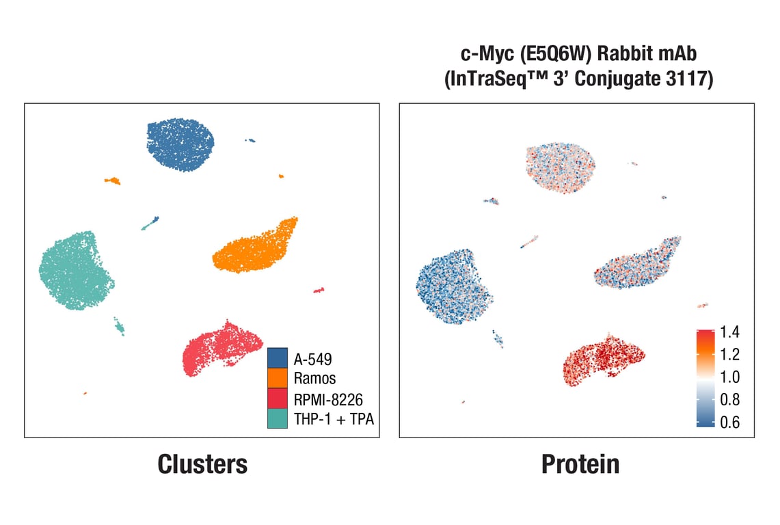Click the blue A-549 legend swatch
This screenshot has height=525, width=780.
click(x=278, y=358)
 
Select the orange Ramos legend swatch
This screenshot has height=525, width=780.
click(x=278, y=377)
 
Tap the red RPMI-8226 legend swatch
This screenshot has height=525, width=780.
click(x=278, y=398)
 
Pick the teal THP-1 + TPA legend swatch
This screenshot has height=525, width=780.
click(x=278, y=418)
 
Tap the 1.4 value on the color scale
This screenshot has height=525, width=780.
click(x=730, y=333)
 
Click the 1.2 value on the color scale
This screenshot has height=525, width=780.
click(x=730, y=354)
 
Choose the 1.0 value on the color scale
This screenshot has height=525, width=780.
click(x=730, y=377)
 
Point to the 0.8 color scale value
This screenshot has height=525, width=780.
click(x=730, y=399)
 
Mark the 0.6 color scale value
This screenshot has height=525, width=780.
click(x=730, y=422)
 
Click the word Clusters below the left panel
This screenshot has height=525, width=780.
click(x=202, y=465)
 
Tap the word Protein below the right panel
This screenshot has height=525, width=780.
click(x=580, y=465)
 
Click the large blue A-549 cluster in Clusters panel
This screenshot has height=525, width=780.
click(x=180, y=144)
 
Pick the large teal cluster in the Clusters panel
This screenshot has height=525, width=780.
click(x=75, y=271)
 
